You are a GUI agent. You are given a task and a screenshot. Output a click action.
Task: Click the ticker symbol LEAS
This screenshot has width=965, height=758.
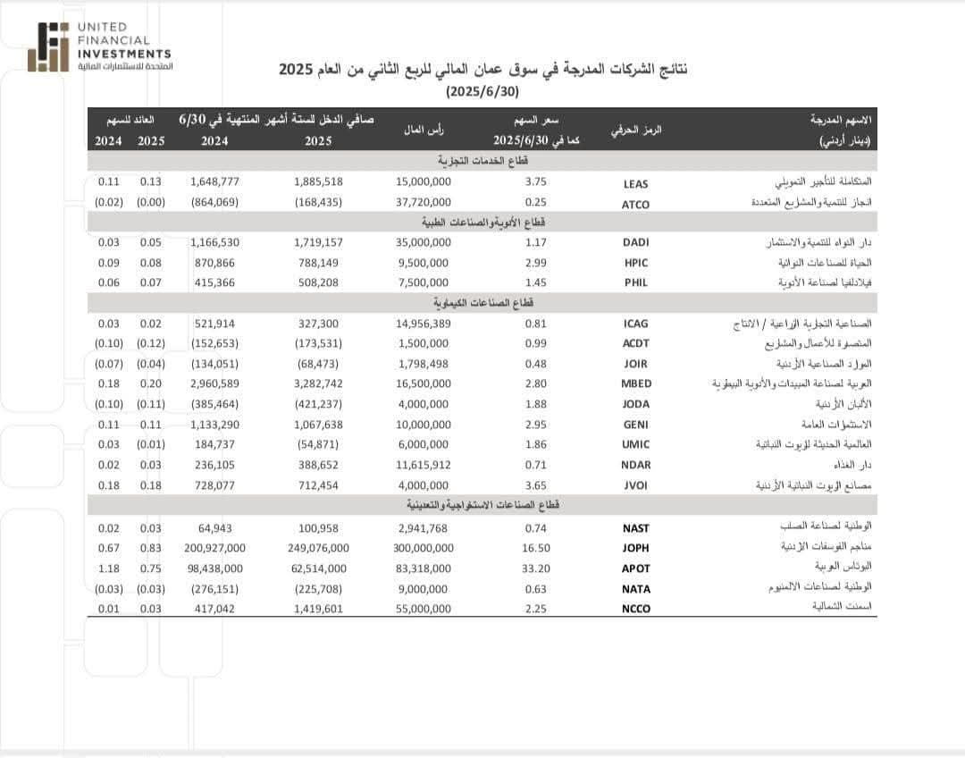635,183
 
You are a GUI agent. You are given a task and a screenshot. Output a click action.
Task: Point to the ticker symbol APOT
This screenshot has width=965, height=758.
635,568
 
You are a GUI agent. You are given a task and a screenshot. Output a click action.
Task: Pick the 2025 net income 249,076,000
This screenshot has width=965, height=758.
318,548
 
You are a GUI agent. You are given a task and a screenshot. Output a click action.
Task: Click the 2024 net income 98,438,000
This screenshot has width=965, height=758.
214,568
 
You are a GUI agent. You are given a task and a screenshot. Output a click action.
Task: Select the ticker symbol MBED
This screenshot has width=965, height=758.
635,383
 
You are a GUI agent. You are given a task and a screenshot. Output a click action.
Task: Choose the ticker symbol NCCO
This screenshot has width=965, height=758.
635,609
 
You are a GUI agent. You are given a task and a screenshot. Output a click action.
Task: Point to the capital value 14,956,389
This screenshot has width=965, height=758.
424,324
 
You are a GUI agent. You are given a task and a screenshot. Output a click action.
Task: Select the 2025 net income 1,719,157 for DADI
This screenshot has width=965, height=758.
318,242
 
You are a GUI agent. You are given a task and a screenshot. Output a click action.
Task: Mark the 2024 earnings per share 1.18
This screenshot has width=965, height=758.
108,568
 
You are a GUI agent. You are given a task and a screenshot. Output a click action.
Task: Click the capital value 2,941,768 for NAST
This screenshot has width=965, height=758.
424,528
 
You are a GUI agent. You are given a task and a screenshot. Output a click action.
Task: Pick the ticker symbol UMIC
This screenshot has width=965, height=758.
635,444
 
